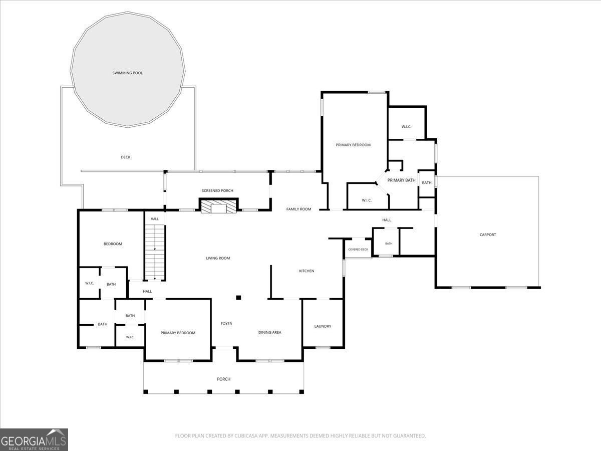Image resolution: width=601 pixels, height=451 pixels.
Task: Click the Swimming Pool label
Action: tap(127, 73)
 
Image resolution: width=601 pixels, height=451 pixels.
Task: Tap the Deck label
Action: tap(125, 157)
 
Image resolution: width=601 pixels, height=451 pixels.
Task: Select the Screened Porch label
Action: tap(217, 190)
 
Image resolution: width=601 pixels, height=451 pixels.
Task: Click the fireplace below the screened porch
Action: tap(218, 206)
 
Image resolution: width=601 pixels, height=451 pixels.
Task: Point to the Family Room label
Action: tap(298, 209)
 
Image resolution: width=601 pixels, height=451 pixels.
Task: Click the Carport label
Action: tap(488, 235)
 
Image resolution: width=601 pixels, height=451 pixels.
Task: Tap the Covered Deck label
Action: tap(358, 250)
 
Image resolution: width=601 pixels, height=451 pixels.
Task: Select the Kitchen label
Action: tap(307, 271)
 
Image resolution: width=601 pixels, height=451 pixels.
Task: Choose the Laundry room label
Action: tap(323, 326)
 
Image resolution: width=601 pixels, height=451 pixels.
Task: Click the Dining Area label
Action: tap(269, 332)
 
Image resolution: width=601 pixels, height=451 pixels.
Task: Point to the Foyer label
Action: tap(226, 324)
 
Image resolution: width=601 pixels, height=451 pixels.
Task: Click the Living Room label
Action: tap(218, 258)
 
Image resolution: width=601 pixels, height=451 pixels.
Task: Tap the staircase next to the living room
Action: tap(155, 253)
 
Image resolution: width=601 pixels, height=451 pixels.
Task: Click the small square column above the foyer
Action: tap(238, 297)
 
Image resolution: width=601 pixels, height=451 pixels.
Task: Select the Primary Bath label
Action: tap(401, 180)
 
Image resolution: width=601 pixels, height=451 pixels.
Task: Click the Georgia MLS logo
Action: tap(34, 439)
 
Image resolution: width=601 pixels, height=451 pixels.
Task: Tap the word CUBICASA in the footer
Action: tap(245, 435)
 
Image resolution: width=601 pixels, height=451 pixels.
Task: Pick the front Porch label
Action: tap(223, 379)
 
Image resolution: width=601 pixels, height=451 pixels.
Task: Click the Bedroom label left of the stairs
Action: tap(113, 244)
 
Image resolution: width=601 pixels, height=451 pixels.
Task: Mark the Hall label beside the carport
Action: tap(387, 220)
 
